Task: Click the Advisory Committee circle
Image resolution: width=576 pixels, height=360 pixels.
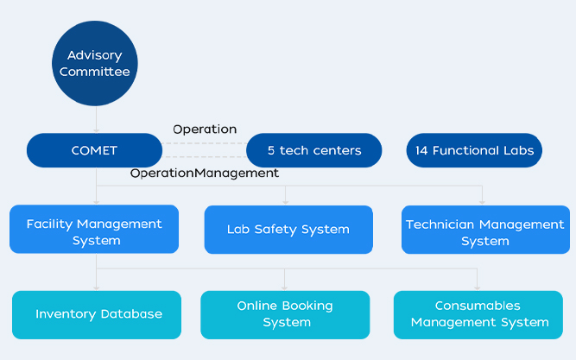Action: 95,63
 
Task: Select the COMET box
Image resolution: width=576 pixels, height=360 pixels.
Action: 94,150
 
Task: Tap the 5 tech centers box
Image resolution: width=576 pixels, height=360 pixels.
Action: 314,150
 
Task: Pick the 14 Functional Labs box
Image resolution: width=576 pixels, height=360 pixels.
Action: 474,150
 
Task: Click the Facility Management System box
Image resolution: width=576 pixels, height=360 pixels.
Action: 94,229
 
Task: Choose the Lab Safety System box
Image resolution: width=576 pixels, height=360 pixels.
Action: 288,230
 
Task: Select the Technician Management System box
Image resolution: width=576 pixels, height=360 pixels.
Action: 485,230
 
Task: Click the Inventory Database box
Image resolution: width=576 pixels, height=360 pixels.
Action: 97,315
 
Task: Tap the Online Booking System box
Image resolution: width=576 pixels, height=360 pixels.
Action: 285,315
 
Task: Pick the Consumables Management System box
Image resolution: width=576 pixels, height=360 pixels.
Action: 478,315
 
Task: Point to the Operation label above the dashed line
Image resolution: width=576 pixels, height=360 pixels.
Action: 205,129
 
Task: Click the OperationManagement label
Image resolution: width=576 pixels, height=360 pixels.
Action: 205,173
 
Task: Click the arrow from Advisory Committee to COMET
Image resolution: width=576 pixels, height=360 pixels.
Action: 96,119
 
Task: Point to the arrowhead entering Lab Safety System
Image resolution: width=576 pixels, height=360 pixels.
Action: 286,202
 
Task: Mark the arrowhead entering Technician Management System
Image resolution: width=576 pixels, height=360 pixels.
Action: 482,202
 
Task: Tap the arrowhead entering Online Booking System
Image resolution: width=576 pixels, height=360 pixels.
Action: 284,288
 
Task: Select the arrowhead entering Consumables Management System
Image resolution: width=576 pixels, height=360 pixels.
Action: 478,288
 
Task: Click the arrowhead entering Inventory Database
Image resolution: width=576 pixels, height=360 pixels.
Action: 96,288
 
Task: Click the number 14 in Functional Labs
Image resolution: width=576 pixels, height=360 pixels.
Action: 421,150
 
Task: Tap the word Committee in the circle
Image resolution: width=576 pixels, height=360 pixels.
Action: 95,72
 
